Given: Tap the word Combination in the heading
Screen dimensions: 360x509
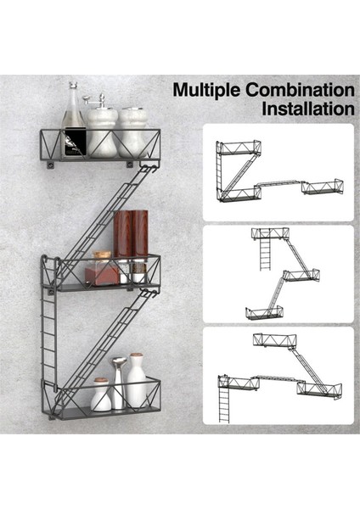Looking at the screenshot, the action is click(300, 90).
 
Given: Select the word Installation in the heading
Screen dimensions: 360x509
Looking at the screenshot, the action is click(308, 109).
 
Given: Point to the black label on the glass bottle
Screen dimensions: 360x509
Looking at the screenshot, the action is click(76, 142).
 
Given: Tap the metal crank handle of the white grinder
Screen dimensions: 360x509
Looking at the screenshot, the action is click(93, 98).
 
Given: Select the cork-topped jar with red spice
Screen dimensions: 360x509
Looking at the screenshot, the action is click(101, 268).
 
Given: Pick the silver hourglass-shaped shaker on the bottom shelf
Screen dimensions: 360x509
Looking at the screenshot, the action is click(118, 383).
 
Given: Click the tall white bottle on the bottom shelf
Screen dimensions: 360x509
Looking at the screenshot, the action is click(137, 380).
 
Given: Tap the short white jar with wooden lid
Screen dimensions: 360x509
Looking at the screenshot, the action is click(101, 394).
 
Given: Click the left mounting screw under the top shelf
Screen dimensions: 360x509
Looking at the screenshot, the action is click(50, 165).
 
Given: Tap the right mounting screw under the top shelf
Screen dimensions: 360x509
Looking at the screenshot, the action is click(130, 165).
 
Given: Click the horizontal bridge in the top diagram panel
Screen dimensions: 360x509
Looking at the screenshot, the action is click(278, 184).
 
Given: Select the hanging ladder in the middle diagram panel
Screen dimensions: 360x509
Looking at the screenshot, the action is click(266, 253).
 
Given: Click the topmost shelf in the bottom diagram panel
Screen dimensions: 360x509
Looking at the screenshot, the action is click(275, 341).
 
